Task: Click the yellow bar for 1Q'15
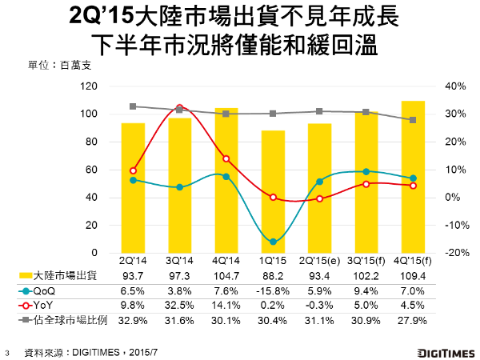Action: pyautogui.click(x=273, y=191)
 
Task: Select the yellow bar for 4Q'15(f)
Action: pyautogui.click(x=413, y=176)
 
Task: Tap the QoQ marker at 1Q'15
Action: pyautogui.click(x=273, y=242)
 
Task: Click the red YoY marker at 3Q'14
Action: pyautogui.click(x=179, y=107)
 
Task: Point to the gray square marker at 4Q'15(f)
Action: pyautogui.click(x=413, y=120)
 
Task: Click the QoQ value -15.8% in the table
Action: pyautogui.click(x=273, y=292)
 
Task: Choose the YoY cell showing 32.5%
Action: pyautogui.click(x=179, y=306)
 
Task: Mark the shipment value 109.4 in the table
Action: pyautogui.click(x=413, y=277)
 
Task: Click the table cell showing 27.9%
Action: pyautogui.click(x=413, y=321)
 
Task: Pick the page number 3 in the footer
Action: pyautogui.click(x=9, y=350)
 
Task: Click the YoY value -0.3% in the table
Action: pyautogui.click(x=319, y=306)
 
